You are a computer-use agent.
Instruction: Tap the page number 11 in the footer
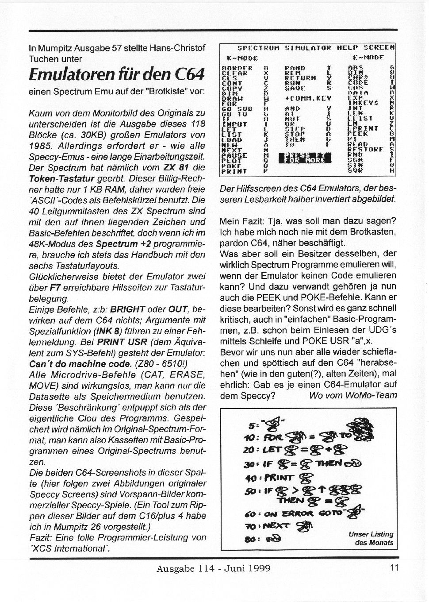point(395,567)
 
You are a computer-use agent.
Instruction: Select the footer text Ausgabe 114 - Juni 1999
point(214,568)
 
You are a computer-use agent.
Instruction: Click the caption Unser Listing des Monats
point(371,538)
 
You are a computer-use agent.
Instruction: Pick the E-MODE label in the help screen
point(368,58)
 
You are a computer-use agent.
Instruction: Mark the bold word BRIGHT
point(128,309)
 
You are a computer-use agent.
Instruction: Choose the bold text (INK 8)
point(107,331)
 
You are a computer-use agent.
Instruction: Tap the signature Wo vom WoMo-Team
point(353,395)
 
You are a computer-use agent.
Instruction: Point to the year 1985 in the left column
point(39,146)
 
